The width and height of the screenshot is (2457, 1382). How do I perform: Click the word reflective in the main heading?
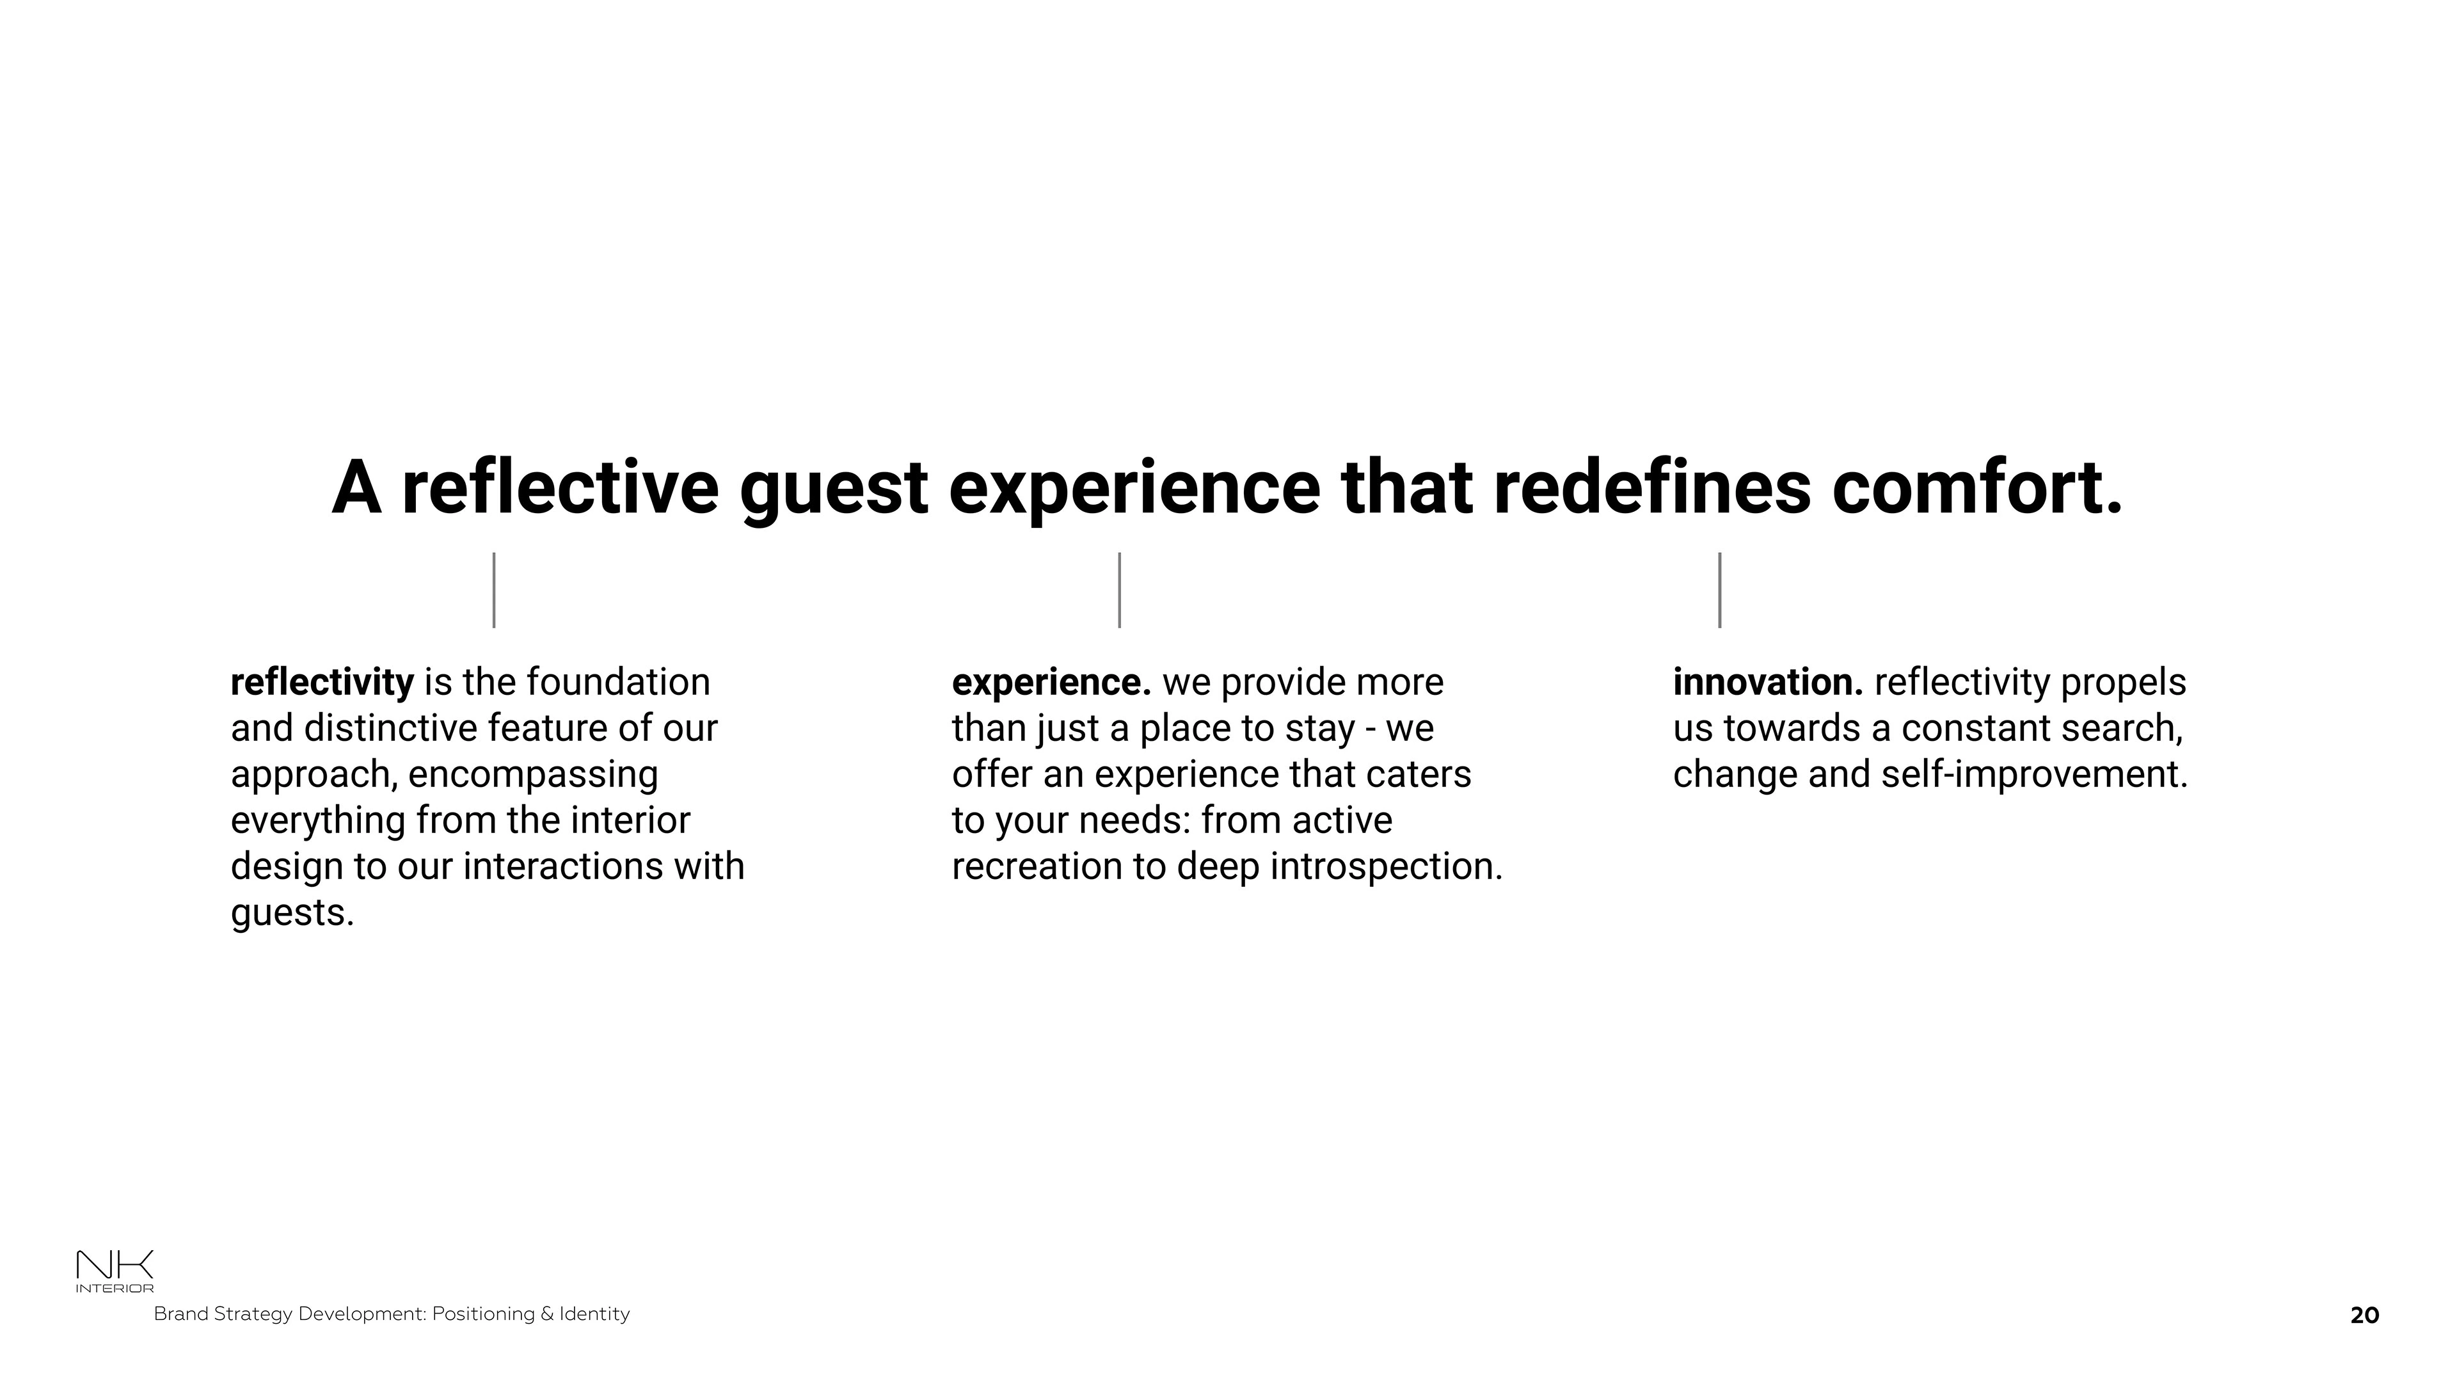[x=560, y=488]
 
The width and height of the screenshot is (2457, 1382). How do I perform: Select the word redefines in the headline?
[x=1652, y=488]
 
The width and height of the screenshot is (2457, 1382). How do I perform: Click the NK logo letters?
[x=115, y=1266]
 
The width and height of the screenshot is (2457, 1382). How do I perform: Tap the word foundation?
[x=618, y=682]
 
